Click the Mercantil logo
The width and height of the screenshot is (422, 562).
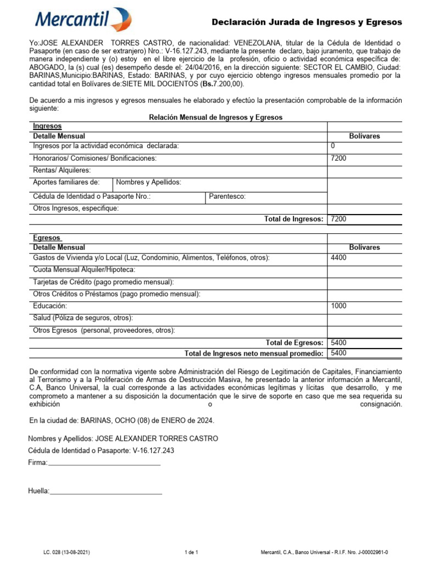83,20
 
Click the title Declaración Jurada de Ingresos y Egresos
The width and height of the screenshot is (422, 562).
307,22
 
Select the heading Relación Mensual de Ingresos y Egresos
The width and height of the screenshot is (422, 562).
216,117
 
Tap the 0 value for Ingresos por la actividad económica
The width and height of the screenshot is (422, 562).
333,145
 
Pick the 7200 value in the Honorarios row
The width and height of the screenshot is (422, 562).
338,159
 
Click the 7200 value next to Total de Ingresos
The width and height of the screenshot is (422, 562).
338,219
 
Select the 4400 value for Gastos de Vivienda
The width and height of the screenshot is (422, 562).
338,257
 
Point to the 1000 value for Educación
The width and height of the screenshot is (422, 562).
338,306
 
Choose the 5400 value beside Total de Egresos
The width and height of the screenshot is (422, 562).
338,342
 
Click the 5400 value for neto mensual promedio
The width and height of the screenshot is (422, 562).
338,353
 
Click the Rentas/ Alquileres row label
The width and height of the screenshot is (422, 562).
62,171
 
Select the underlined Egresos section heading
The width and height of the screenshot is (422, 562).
47,238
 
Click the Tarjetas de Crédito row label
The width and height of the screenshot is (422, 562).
103,282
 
